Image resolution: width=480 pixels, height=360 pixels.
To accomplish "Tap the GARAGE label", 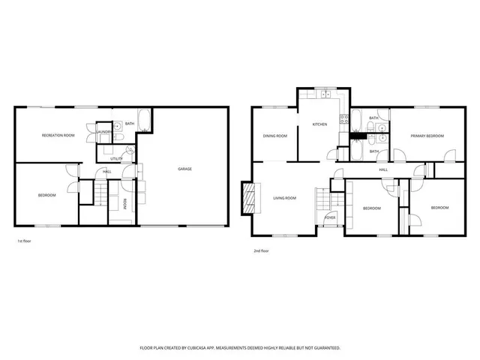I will point(184,169).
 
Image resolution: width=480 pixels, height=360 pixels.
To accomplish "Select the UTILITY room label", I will point(116,159).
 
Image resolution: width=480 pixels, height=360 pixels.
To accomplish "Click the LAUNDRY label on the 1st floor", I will point(105,132).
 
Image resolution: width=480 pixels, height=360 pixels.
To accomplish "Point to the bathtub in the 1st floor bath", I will point(145,120).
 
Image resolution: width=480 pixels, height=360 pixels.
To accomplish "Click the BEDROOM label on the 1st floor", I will point(47,196).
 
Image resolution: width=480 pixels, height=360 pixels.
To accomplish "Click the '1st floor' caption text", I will point(25,241).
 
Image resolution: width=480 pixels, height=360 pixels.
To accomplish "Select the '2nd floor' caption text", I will point(262,250).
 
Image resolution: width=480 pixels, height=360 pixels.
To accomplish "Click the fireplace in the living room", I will point(245,197).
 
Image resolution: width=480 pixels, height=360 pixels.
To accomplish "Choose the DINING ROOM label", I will point(275,136).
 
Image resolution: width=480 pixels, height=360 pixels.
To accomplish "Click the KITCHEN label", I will point(319,124).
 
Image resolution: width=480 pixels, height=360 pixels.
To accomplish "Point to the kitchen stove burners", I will point(343,118).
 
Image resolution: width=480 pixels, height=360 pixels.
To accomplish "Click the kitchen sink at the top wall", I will point(326,94).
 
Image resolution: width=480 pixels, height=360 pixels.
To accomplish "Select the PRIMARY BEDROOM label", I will point(427,136).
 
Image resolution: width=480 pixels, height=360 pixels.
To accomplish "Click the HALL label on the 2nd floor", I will point(383,169).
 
